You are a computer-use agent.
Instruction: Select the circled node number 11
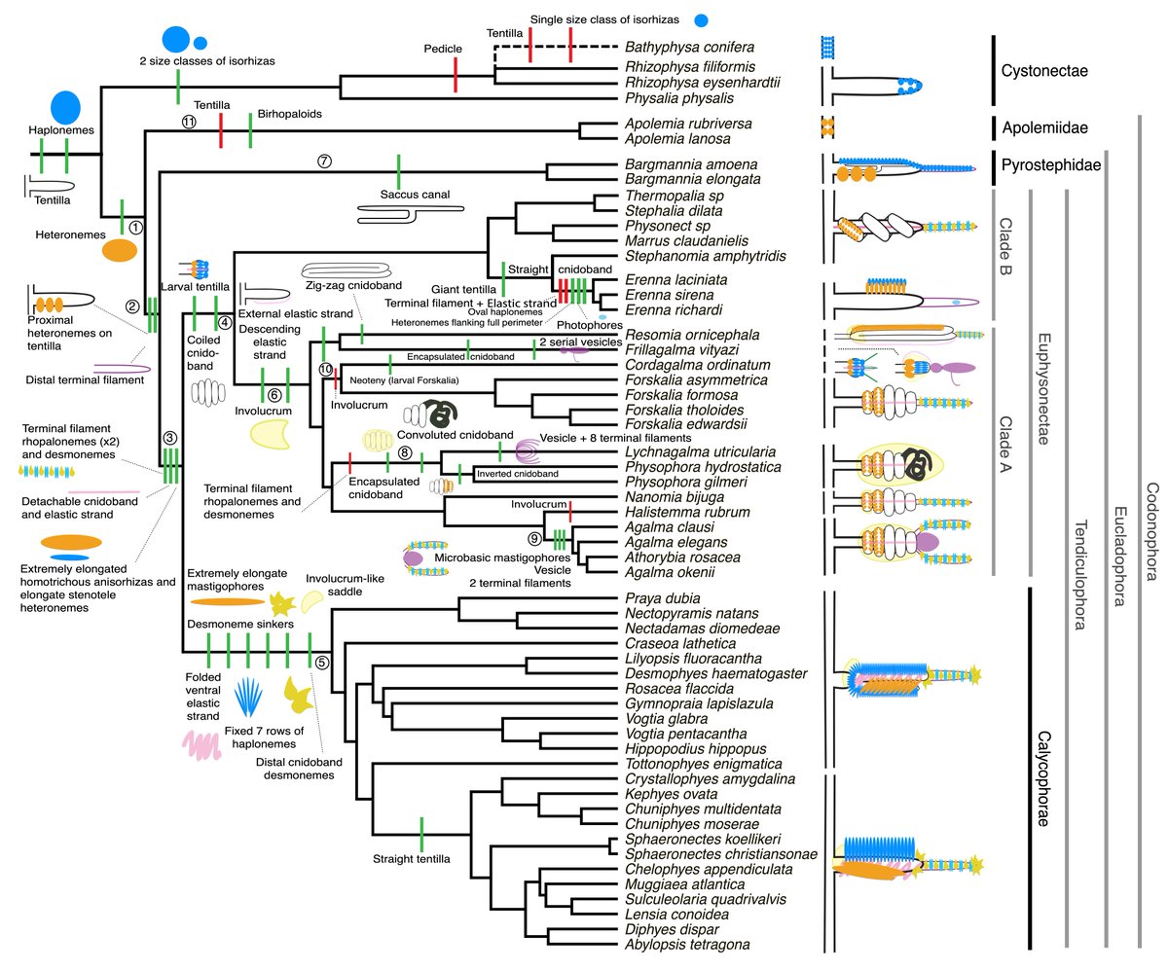click(x=190, y=121)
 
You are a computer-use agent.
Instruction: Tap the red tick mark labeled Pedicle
click(x=456, y=75)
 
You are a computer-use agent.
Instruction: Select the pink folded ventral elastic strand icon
click(x=206, y=743)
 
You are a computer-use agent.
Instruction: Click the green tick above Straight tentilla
click(x=420, y=834)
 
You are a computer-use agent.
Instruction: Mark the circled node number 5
click(x=322, y=664)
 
